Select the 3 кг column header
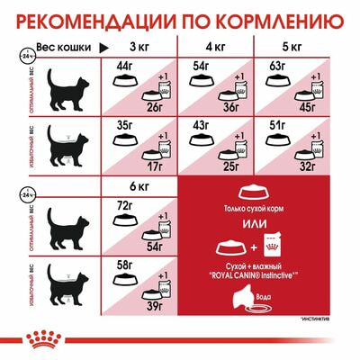coord(139,45)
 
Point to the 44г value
coord(122,65)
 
